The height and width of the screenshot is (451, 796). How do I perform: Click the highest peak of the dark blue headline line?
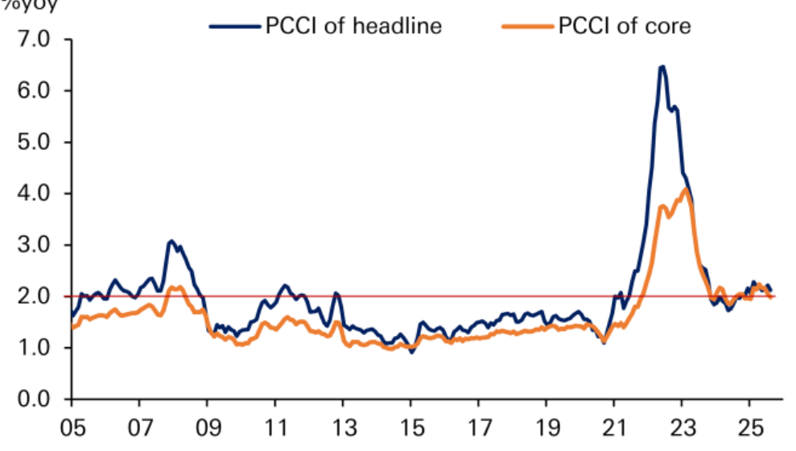(x=662, y=67)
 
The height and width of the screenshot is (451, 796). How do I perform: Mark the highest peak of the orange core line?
(x=684, y=189)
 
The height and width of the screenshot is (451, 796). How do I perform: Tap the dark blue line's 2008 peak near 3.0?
(x=171, y=241)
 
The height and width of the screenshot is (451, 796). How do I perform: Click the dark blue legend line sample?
(x=235, y=26)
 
